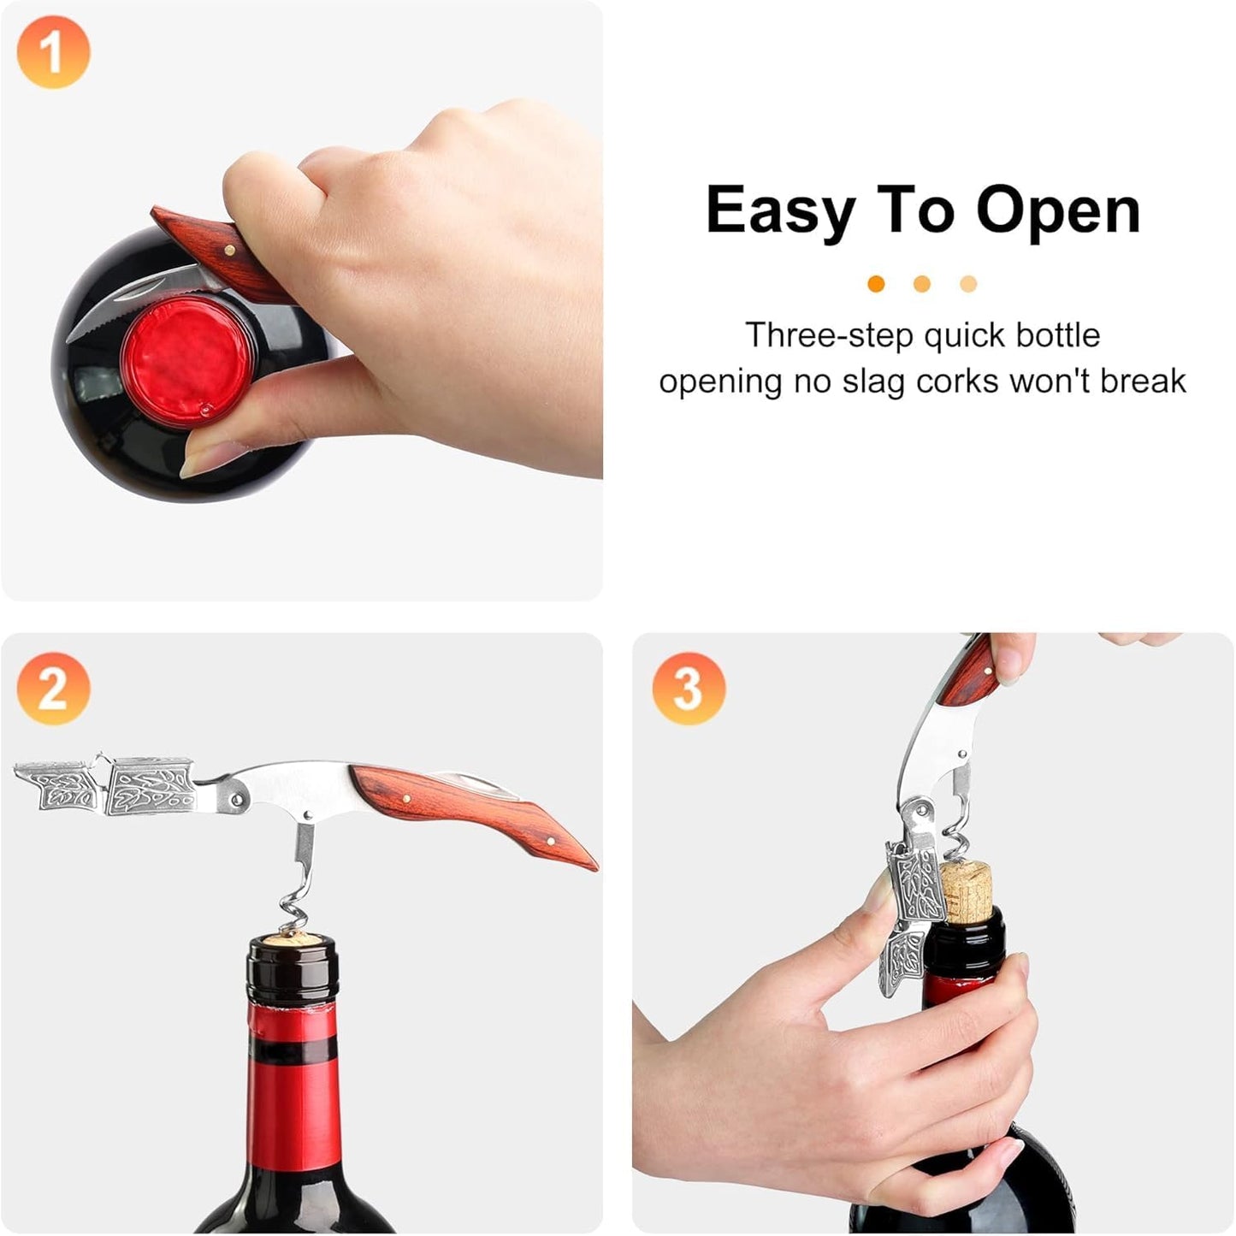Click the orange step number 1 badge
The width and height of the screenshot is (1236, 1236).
pos(53,52)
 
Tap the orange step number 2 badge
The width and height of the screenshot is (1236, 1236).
pos(53,689)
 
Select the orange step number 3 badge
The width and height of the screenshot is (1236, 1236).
pos(689,689)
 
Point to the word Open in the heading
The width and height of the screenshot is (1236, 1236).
pos(1058,211)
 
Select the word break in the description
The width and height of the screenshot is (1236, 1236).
pos(1143,381)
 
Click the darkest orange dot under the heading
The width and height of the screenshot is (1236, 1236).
pos(876,284)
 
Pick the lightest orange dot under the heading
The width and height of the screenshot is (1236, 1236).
pos(968,284)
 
